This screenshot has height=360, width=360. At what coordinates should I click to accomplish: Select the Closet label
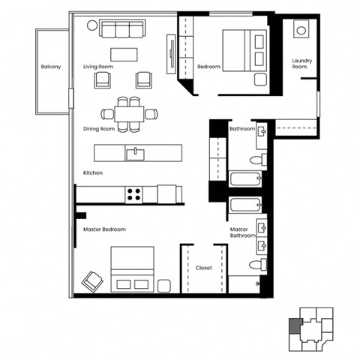pyautogui.click(x=203, y=267)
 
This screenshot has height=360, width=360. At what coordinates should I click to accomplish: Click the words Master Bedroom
pyautogui.click(x=104, y=229)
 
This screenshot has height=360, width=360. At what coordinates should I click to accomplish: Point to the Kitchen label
pyautogui.click(x=93, y=172)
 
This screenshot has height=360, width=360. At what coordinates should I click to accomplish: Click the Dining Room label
pyautogui.click(x=99, y=129)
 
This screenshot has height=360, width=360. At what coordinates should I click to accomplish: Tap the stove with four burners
pyautogui.click(x=134, y=194)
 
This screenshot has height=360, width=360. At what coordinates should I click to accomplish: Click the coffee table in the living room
pyautogui.click(x=124, y=54)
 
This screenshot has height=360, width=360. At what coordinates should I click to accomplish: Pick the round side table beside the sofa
pyautogui.click(x=92, y=25)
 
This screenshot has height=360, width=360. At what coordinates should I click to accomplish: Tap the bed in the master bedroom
pyautogui.click(x=133, y=269)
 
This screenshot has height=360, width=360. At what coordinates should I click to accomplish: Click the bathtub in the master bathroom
pyautogui.click(x=245, y=206)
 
